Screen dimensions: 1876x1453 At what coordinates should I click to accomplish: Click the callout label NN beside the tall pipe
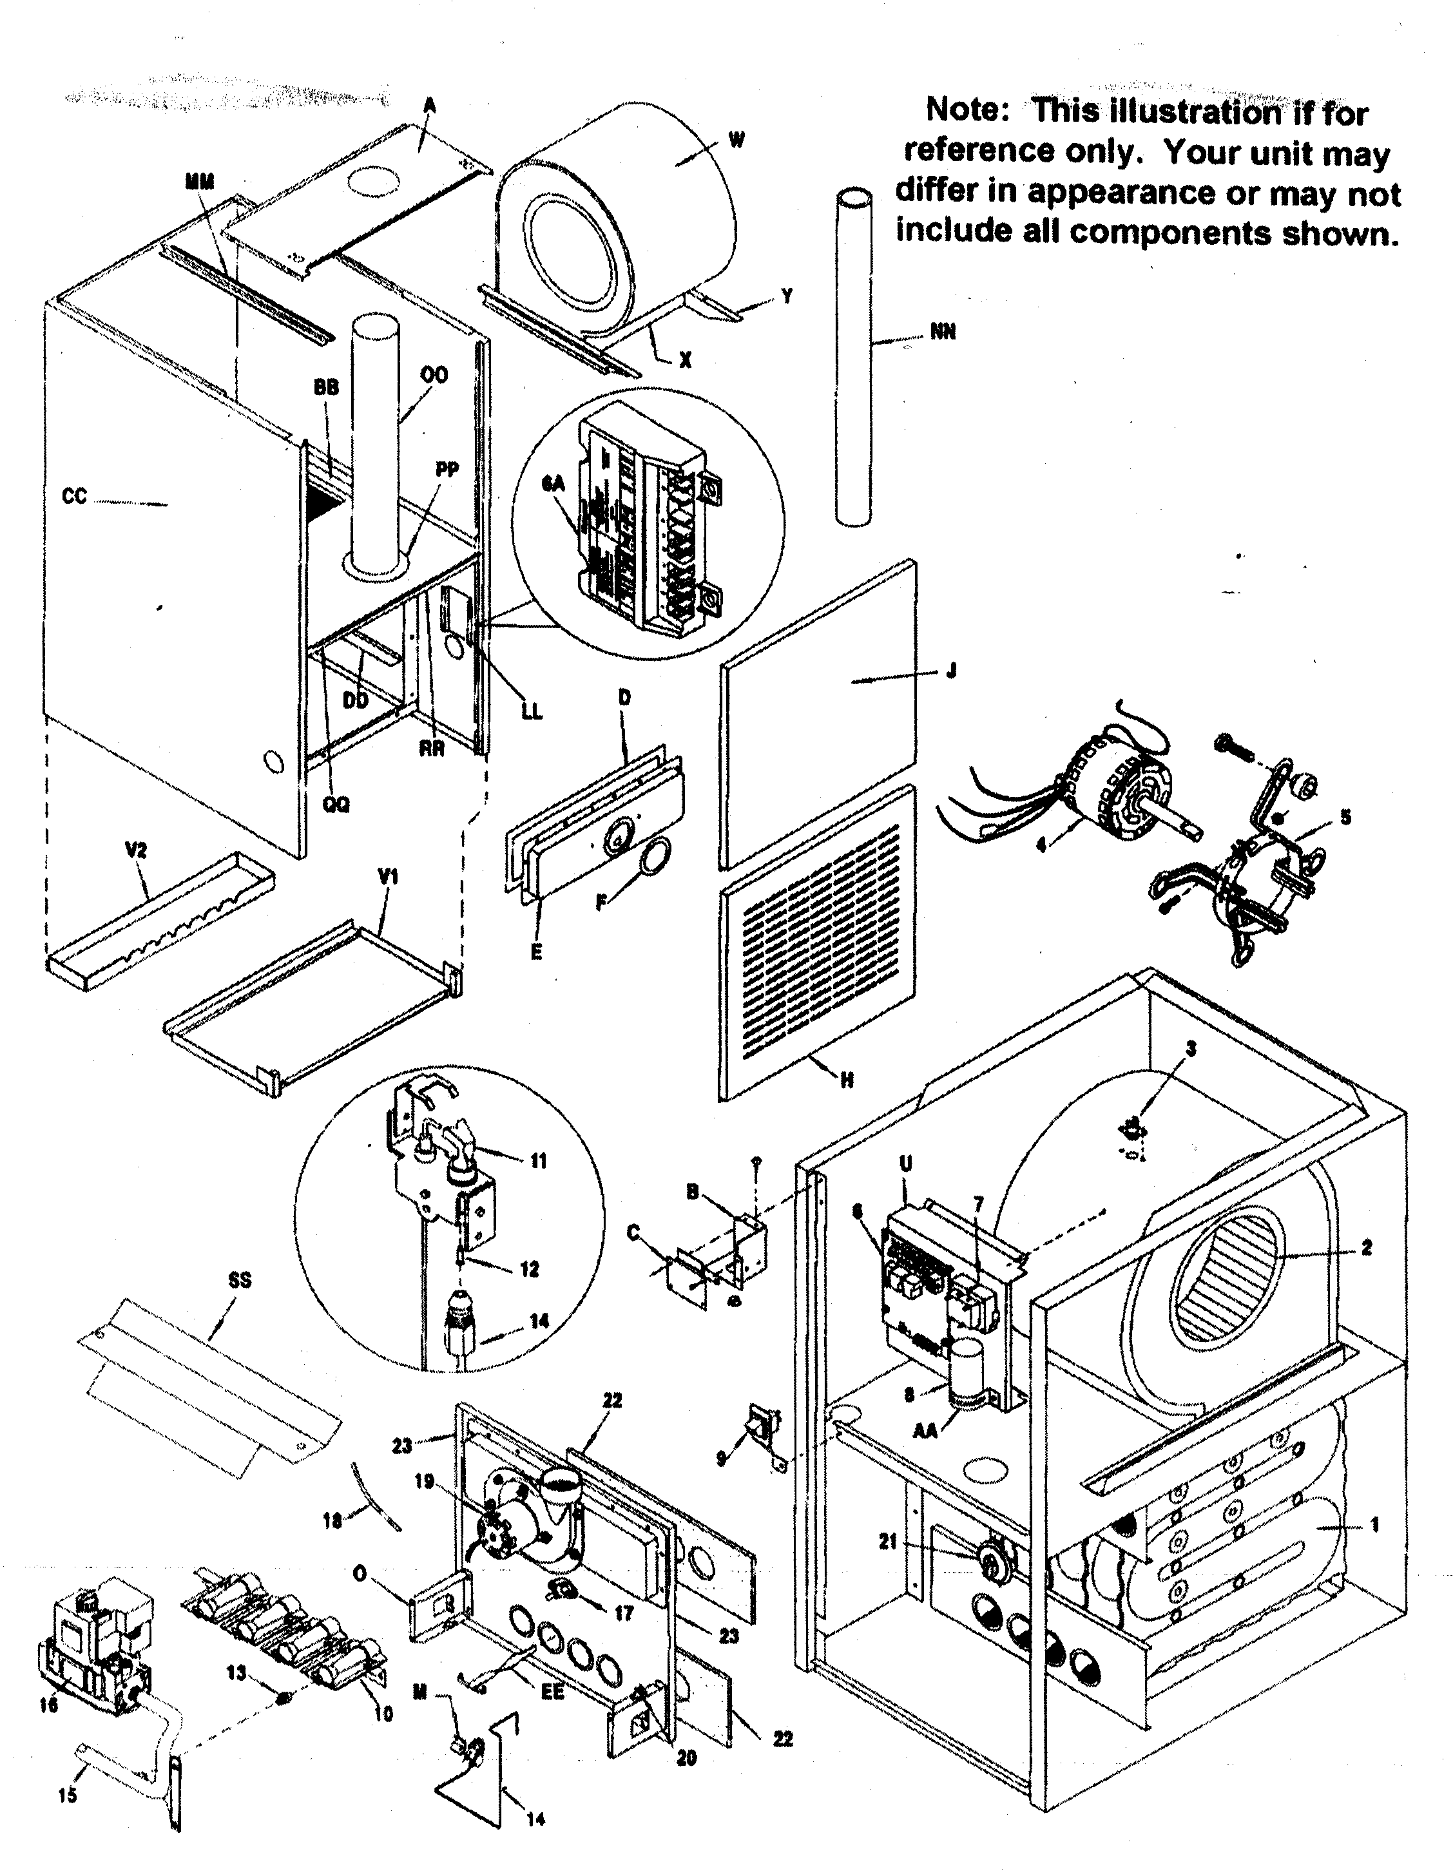(x=943, y=332)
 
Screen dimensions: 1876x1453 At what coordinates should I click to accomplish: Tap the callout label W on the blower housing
(x=736, y=140)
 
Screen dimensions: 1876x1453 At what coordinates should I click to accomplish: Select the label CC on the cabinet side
(x=75, y=497)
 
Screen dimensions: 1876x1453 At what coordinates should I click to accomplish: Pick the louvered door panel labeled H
(x=816, y=945)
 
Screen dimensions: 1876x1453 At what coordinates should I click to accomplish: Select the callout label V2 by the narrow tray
(x=136, y=850)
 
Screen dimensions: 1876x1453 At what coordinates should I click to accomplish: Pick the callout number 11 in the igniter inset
(x=538, y=1162)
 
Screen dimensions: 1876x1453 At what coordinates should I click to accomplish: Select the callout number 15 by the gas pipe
(x=67, y=1794)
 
